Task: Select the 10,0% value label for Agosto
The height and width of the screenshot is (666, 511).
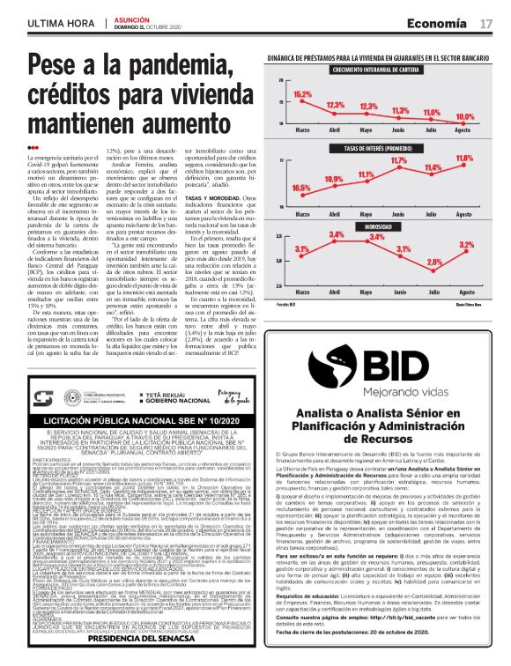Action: (x=464, y=116)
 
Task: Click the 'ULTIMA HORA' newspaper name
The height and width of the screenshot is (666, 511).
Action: (x=61, y=23)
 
